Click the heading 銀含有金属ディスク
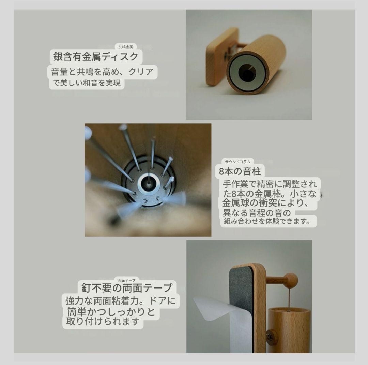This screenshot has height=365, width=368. (96, 56)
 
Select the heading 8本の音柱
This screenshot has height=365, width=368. (240, 171)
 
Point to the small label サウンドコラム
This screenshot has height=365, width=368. (237, 162)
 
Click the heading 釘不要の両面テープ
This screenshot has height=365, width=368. (127, 287)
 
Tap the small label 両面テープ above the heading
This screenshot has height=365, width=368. (126, 280)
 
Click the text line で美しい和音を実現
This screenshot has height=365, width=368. (87, 83)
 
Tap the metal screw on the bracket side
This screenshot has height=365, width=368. (272, 337)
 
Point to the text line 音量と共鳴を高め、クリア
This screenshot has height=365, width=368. (102, 72)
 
